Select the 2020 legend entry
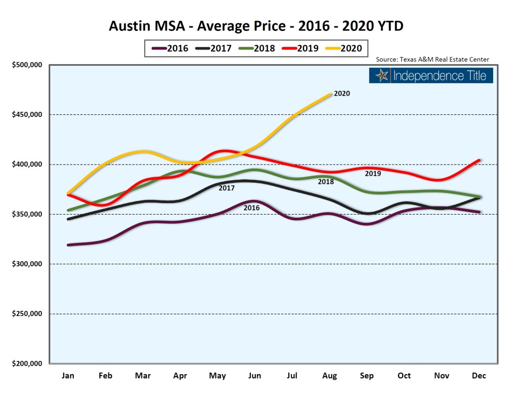pyautogui.click(x=344, y=49)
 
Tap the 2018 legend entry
pyautogui.click(x=257, y=49)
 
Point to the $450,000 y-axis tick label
pyautogui.click(x=27, y=115)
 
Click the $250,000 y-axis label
pyautogui.click(x=27, y=314)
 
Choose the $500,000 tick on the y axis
pyautogui.click(x=27, y=65)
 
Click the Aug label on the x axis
pyautogui.click(x=329, y=376)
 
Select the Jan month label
pyautogui.click(x=68, y=376)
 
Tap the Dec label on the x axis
pyautogui.click(x=479, y=376)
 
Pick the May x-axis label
pyautogui.click(x=217, y=376)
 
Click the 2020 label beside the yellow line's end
pyautogui.click(x=342, y=93)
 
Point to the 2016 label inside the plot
pyautogui.click(x=251, y=208)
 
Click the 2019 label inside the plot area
pyautogui.click(x=373, y=174)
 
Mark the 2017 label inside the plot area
pyautogui.click(x=227, y=188)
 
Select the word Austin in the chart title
pyautogui.click(x=131, y=26)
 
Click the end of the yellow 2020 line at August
pyautogui.click(x=330, y=94)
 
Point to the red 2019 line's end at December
pyautogui.click(x=479, y=160)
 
